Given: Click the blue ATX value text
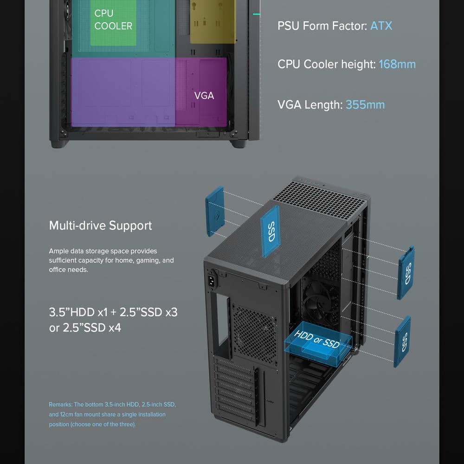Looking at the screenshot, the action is tap(381, 26).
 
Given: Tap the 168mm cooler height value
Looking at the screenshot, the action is tap(397, 64).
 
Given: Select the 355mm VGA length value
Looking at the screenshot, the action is tap(365, 105).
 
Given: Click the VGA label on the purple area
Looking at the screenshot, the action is tap(204, 96).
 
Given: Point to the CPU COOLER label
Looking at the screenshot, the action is tap(113, 19).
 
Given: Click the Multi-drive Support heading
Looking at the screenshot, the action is tap(100, 226).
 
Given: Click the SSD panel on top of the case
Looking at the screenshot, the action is tap(270, 232).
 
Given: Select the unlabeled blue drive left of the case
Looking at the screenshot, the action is tap(215, 211).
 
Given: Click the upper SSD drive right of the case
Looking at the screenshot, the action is tap(406, 272).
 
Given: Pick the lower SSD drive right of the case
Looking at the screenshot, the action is tap(402, 342).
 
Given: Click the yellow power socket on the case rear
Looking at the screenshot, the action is tap(212, 281).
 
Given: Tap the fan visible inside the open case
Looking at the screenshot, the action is tap(321, 302).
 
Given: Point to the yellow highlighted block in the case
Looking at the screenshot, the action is tap(213, 22).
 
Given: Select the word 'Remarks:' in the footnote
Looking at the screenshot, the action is tap(60, 405).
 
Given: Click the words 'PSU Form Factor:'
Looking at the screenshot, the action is tap(322, 26).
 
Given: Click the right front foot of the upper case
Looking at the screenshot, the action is tap(238, 143).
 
